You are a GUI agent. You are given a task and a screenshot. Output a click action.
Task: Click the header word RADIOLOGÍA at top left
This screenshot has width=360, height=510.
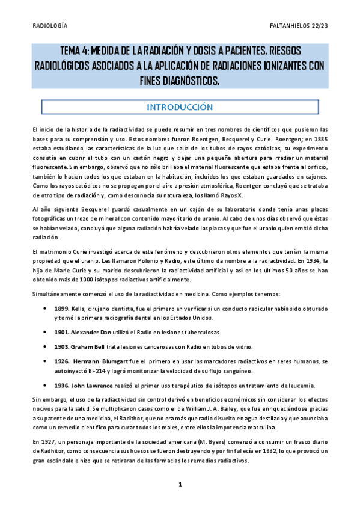[49, 25]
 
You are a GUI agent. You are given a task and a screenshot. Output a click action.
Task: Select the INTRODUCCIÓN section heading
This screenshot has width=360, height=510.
[180, 107]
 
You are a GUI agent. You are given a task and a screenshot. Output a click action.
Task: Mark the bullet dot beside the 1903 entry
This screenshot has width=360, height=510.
[46, 346]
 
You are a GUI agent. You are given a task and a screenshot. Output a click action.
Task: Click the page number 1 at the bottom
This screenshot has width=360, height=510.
[180, 484]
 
